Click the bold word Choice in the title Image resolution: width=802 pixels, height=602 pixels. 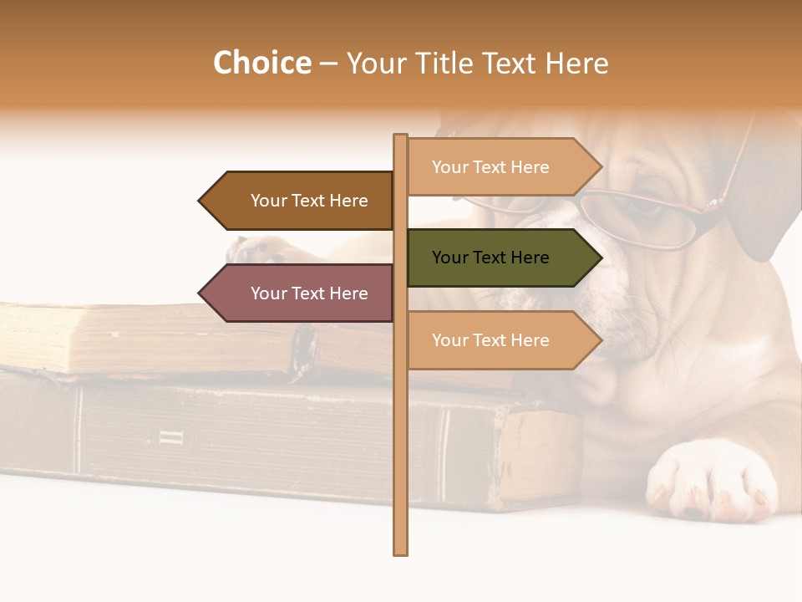coord(261,64)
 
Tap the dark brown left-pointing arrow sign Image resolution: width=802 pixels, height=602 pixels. coord(301,201)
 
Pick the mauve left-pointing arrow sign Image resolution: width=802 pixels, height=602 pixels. coord(301,293)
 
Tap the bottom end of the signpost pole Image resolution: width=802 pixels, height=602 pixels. coord(400,551)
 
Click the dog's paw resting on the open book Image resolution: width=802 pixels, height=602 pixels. coord(255,249)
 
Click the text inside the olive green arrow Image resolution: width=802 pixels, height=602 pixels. coord(490,258)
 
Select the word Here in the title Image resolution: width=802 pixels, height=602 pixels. coord(576,64)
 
